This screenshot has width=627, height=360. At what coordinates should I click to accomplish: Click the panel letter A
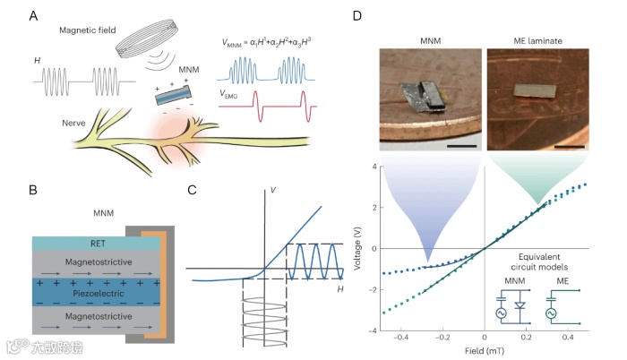(x=34, y=15)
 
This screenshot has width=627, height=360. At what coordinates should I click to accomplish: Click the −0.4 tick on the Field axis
(x=400, y=339)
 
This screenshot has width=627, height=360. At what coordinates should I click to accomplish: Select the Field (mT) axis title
(x=485, y=353)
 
